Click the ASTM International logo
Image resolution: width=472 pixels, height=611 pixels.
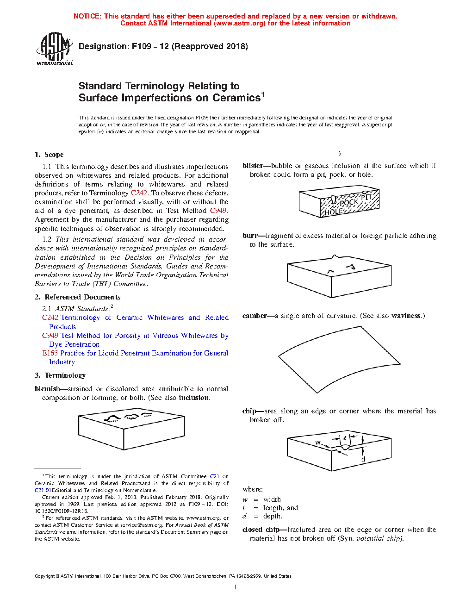pyautogui.click(x=55, y=48)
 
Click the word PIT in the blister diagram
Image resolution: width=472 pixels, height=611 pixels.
pyautogui.click(x=366, y=197)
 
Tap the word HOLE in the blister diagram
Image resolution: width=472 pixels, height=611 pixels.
pyautogui.click(x=333, y=212)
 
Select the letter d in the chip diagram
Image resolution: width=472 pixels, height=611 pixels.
pyautogui.click(x=363, y=459)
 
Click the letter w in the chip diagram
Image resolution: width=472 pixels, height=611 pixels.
pyautogui.click(x=318, y=443)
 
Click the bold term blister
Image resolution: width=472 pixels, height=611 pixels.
pyautogui.click(x=253, y=166)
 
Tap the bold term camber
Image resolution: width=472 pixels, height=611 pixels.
pyautogui.click(x=255, y=316)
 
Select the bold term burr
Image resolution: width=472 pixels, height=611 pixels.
pyautogui.click(x=250, y=236)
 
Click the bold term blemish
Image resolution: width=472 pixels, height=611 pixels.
pyautogui.click(x=47, y=389)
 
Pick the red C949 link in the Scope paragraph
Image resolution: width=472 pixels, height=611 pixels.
pyautogui.click(x=218, y=211)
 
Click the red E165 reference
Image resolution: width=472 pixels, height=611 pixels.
pyautogui.click(x=50, y=353)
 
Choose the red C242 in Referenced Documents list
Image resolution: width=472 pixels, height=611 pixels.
pyautogui.click(x=50, y=318)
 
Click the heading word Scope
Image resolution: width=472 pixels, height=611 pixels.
pyautogui.click(x=54, y=155)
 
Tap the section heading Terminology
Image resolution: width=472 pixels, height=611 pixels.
pyautogui.click(x=65, y=375)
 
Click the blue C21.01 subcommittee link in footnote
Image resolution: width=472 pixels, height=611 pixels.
pyautogui.click(x=43, y=490)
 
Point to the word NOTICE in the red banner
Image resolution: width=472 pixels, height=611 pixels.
pyautogui.click(x=87, y=16)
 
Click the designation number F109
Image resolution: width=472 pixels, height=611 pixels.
pyautogui.click(x=142, y=46)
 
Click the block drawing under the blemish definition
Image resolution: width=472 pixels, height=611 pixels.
pyautogui.click(x=131, y=429)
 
